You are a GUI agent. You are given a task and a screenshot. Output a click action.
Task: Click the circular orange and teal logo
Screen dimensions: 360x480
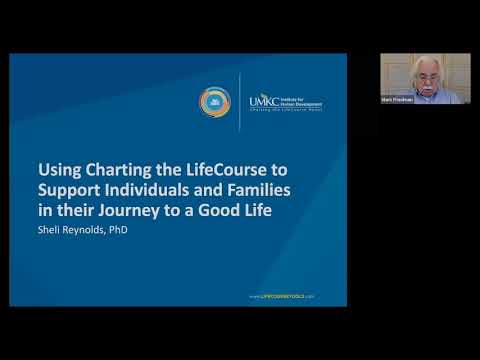(x=216, y=102)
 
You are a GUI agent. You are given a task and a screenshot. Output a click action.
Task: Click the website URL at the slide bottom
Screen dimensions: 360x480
(x=281, y=297)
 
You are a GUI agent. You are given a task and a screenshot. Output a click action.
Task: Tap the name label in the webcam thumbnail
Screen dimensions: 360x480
(x=396, y=100)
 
